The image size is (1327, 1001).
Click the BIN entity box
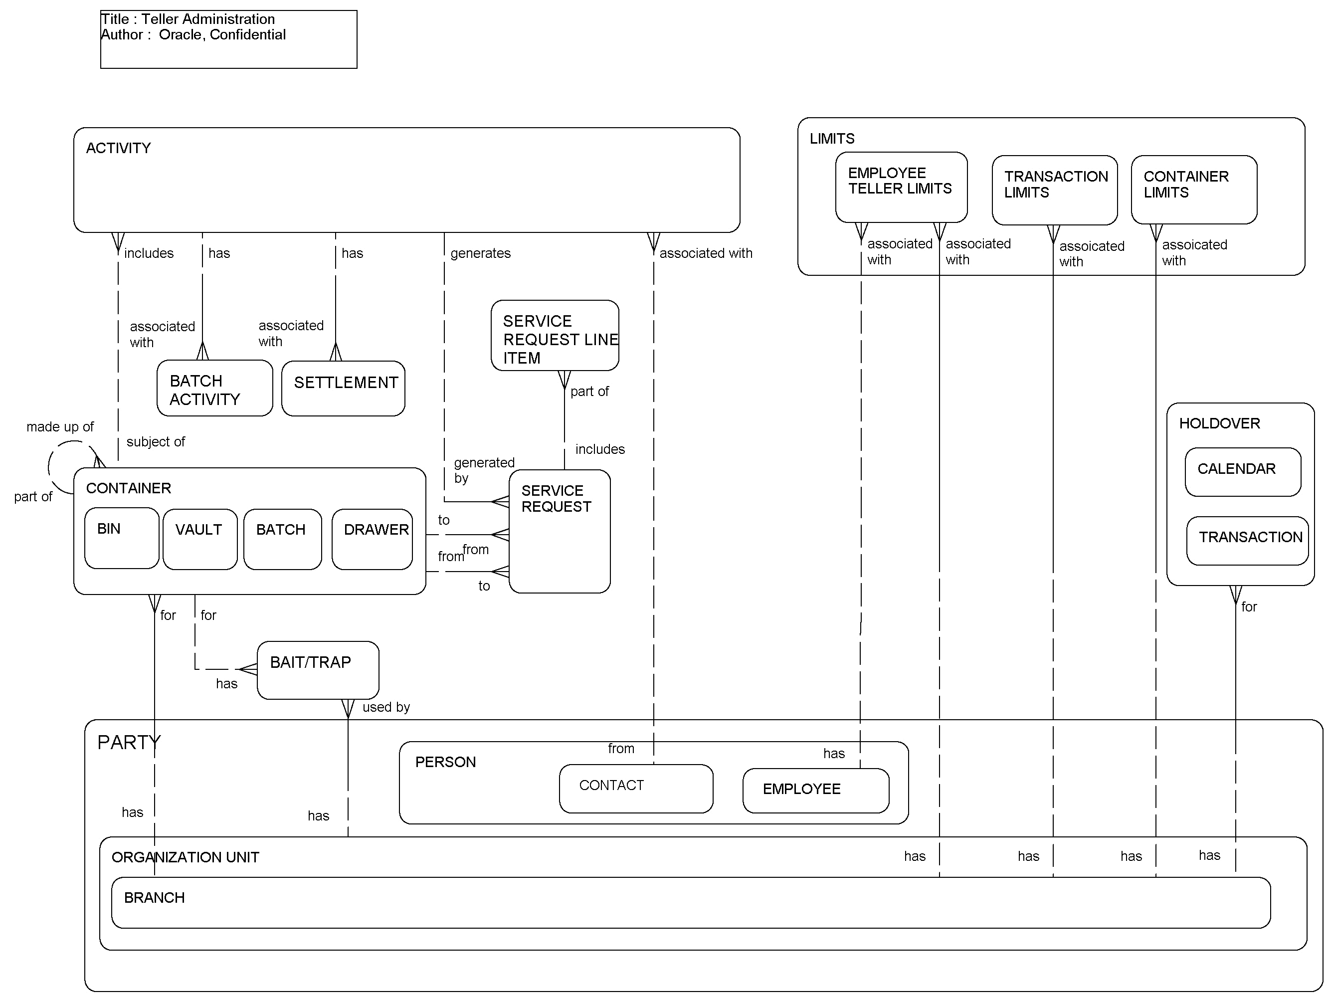(121, 538)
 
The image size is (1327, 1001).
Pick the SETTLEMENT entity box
(343, 388)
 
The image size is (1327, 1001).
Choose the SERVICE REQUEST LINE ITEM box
(555, 336)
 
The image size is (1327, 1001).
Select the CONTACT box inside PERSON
(635, 788)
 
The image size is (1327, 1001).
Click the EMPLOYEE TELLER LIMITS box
(901, 187)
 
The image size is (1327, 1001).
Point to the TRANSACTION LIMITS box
(1054, 190)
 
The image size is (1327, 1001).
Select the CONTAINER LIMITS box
(1193, 190)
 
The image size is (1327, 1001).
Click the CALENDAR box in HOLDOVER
(1242, 472)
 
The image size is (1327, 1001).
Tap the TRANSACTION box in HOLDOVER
(1247, 540)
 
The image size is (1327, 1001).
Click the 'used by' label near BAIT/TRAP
(386, 707)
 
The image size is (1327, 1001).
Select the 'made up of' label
(60, 427)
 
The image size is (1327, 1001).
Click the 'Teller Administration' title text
(207, 19)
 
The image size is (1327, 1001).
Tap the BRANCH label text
(154, 897)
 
